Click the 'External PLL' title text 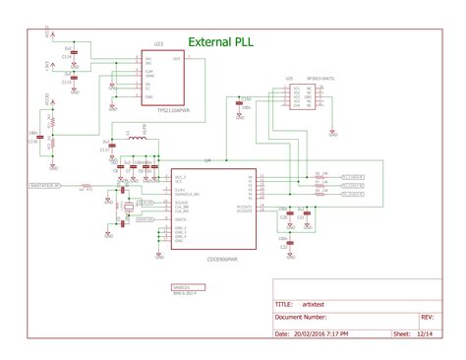coord(224,43)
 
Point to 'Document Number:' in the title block coord(301,318)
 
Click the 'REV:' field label coord(427,318)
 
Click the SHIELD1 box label coord(181,287)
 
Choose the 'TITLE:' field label coord(284,305)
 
